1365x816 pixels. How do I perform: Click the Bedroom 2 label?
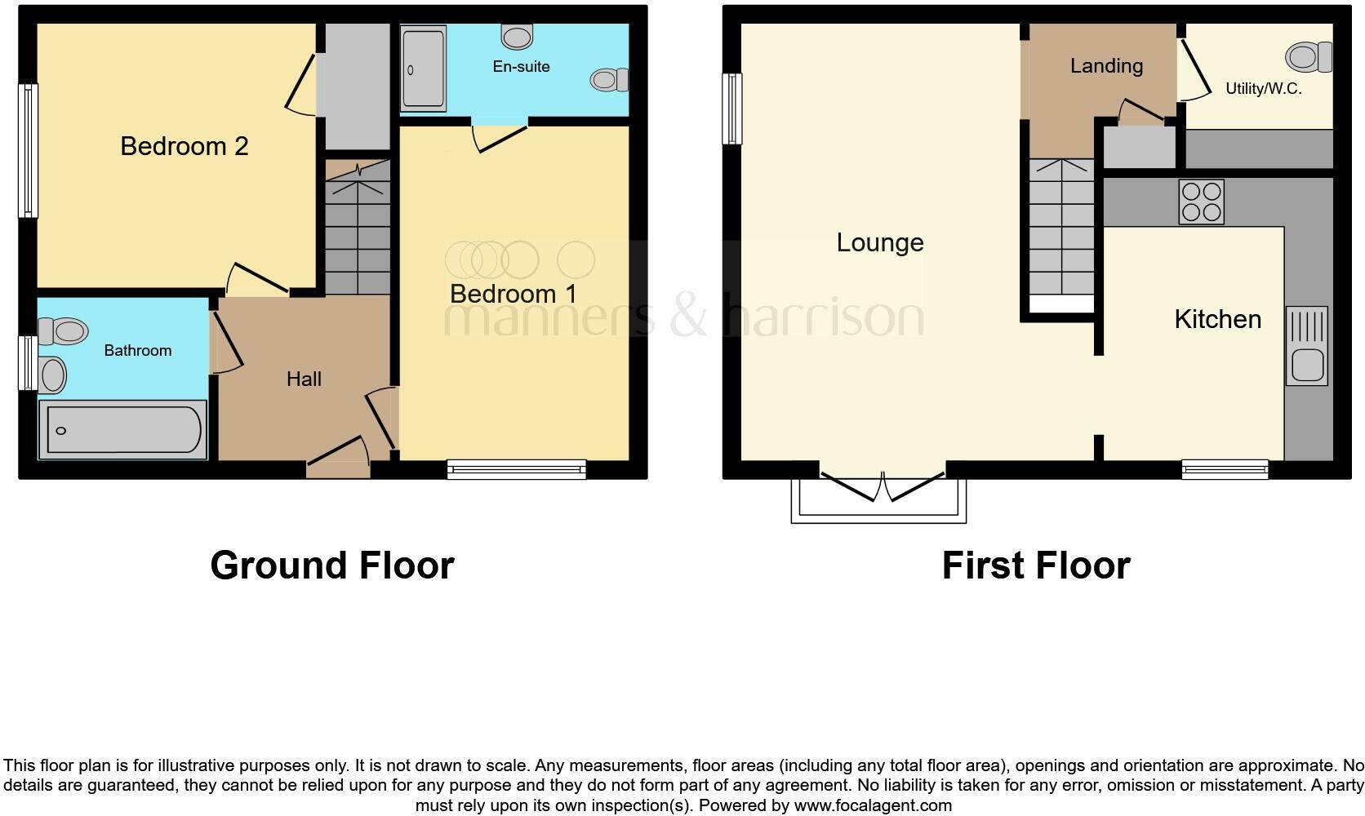pos(184,146)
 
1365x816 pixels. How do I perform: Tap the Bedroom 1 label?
pos(513,294)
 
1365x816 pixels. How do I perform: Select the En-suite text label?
pos(521,66)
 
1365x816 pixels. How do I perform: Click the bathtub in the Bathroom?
pos(123,429)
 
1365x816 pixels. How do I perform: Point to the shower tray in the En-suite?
pos(423,69)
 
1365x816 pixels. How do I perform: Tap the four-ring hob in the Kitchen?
pos(1201,202)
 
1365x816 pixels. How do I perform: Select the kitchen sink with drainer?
pos(1306,346)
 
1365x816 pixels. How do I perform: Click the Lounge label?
pos(879,242)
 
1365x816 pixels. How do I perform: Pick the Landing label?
pos(1105,65)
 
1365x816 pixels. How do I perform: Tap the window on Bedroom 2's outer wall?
pos(29,151)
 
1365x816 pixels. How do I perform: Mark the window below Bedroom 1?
pos(516,468)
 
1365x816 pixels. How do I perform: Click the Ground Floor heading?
pos(331,565)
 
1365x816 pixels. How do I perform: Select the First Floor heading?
pos(1035,565)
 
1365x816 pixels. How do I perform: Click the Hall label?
pos(304,379)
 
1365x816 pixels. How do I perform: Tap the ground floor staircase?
pos(358,228)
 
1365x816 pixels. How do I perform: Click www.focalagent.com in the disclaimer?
pos(873,805)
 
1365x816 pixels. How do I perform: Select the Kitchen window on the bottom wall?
pos(1225,468)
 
